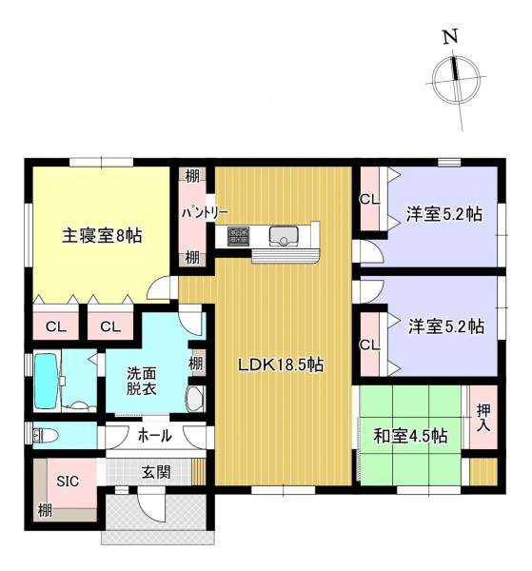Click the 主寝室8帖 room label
(x=102, y=236)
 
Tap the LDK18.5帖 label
(x=281, y=364)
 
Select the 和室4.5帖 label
(x=410, y=436)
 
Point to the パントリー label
(x=205, y=212)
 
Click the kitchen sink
(x=284, y=235)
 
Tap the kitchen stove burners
(x=239, y=236)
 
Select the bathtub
(x=47, y=382)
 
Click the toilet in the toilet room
(x=46, y=435)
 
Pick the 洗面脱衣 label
(x=142, y=382)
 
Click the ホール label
(x=155, y=436)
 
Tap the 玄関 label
(x=156, y=473)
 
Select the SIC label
(x=68, y=482)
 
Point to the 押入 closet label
(x=483, y=418)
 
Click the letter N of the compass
(x=450, y=37)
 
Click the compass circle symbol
(x=456, y=80)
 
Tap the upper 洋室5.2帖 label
(x=444, y=214)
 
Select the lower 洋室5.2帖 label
(x=446, y=326)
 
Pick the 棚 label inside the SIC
(x=45, y=511)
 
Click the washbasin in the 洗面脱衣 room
(x=195, y=399)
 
